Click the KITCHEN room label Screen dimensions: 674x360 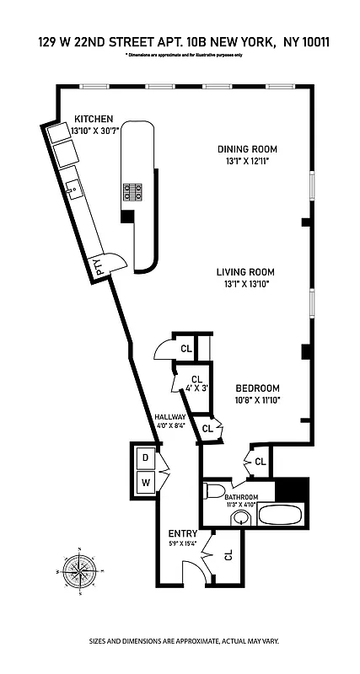[93, 119]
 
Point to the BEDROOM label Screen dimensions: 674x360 [257, 389]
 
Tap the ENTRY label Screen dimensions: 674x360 [182, 533]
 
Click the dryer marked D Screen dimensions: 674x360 [145, 458]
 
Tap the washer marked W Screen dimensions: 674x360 [145, 483]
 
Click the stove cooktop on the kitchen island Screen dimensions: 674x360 [133, 192]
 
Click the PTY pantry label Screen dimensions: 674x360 [97, 267]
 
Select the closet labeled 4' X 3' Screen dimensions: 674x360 [196, 384]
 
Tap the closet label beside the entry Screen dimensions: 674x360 [228, 554]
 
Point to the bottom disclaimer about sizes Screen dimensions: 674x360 [180, 642]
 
